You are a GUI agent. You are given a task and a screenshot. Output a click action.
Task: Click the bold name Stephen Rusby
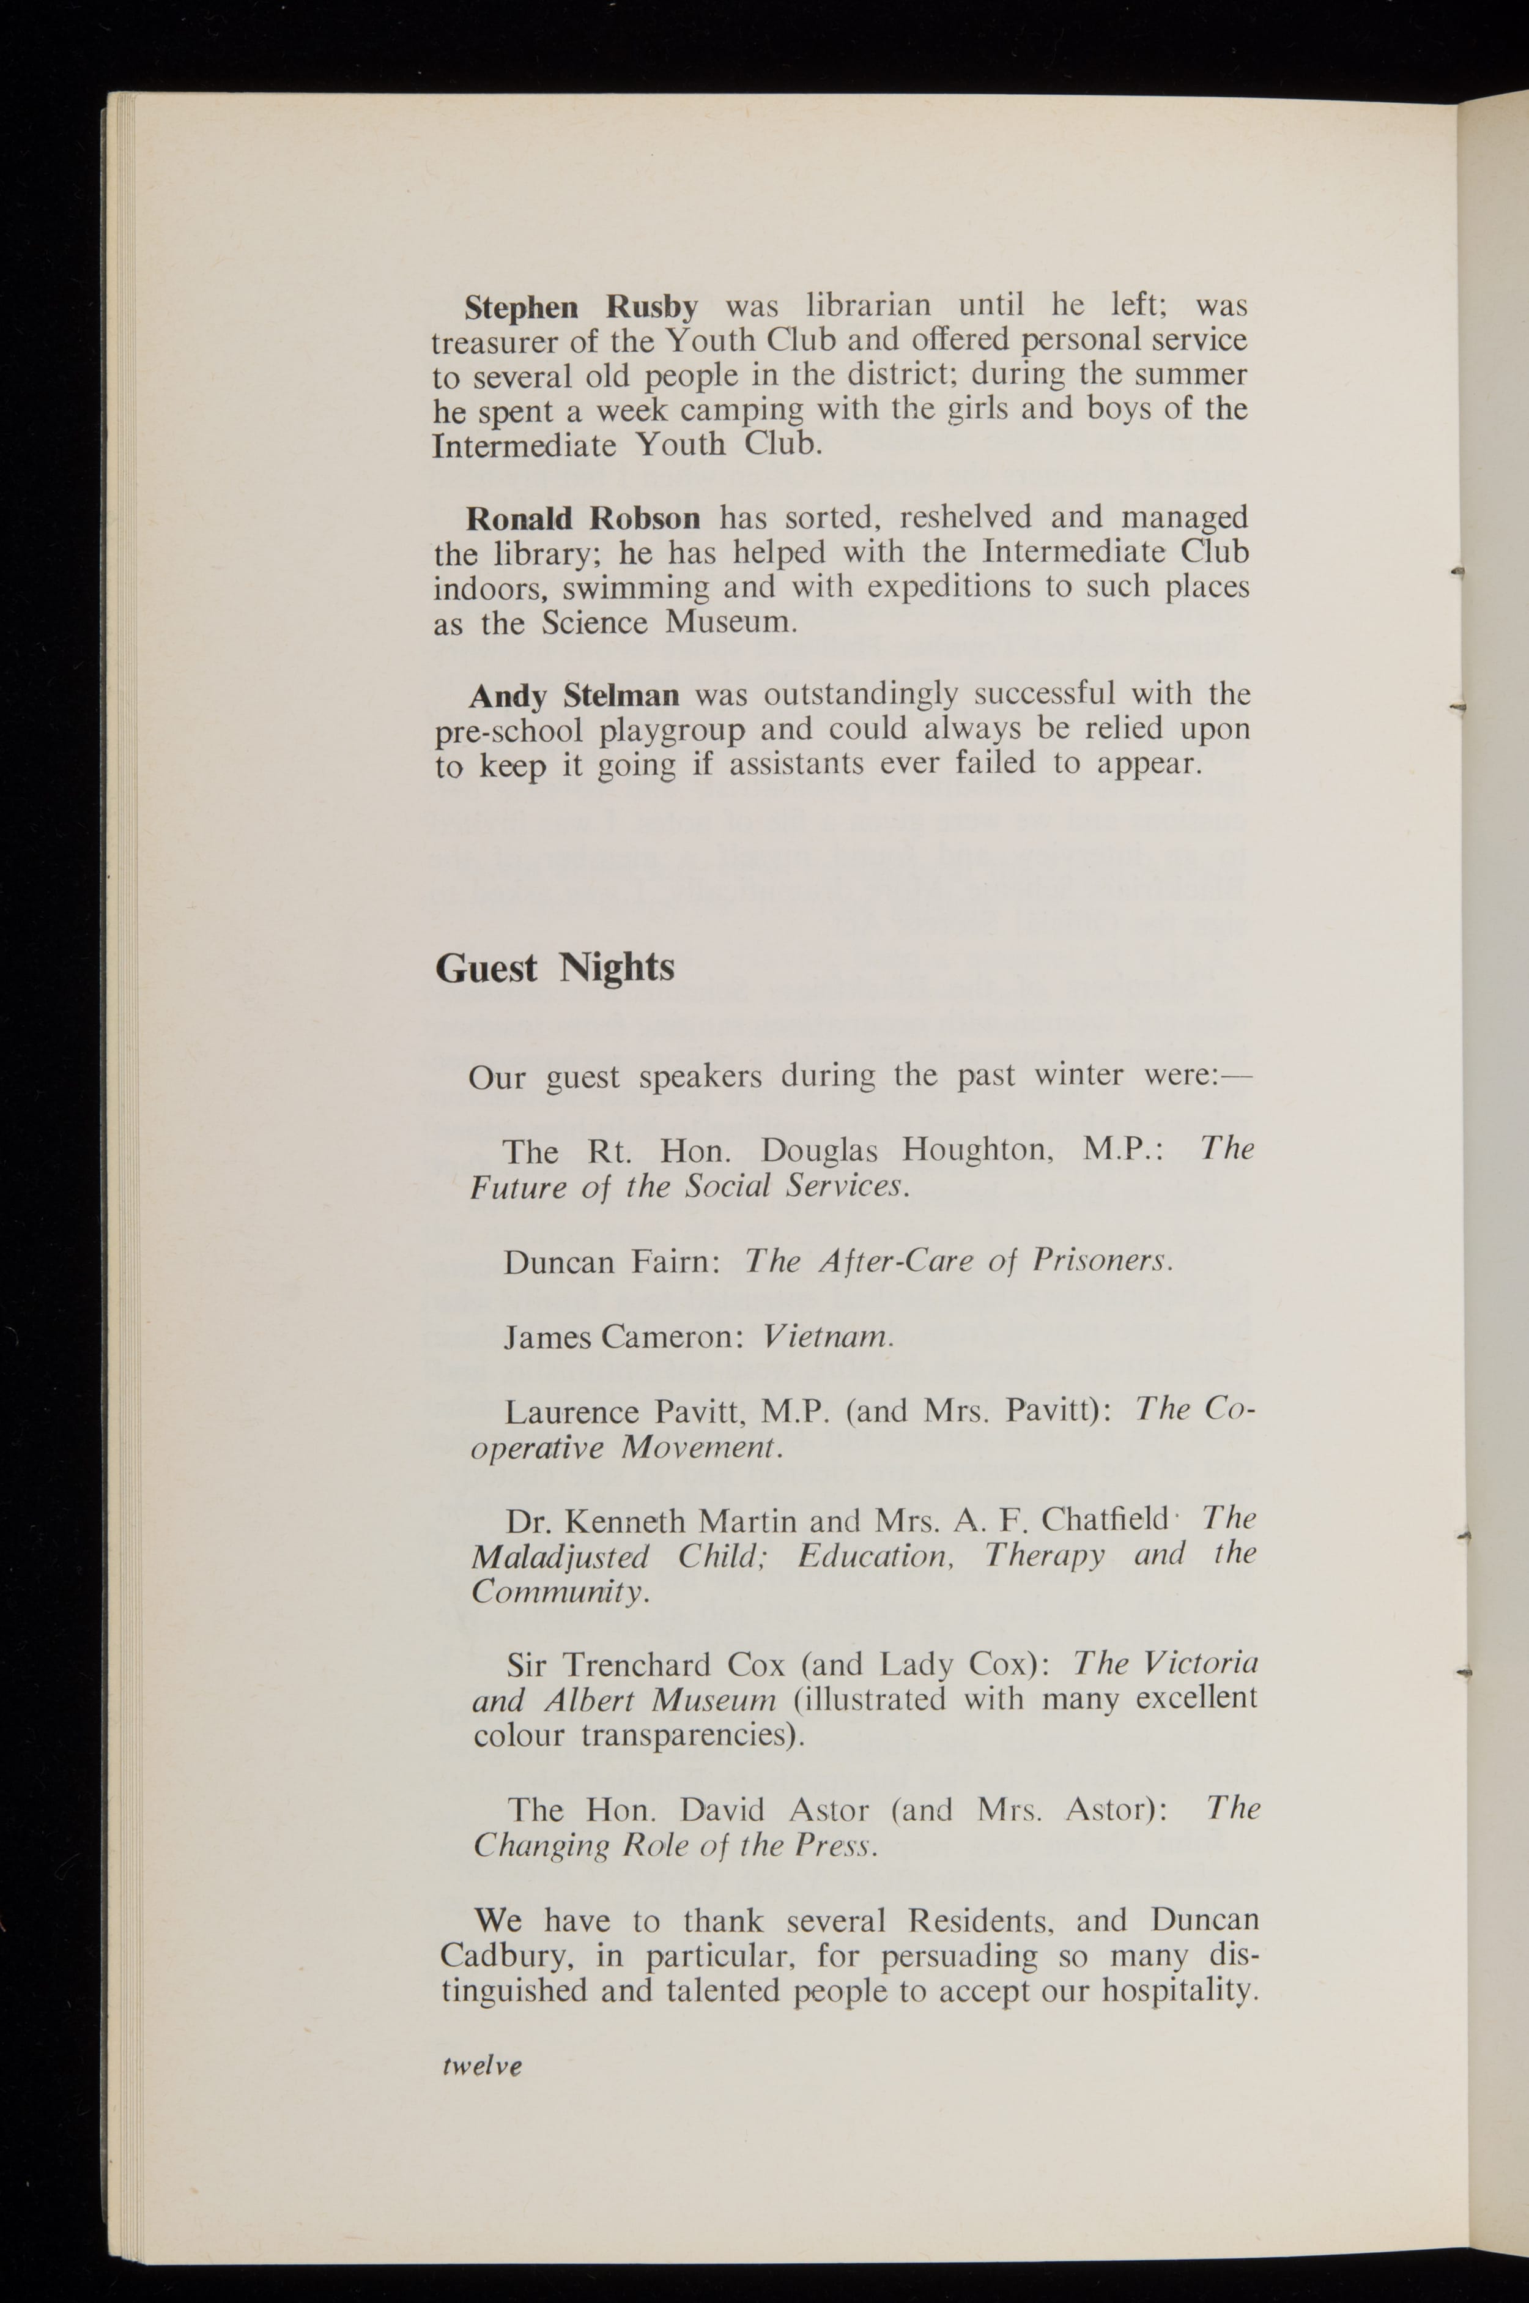tap(581, 307)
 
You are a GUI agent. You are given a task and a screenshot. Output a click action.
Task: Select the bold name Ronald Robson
tap(582, 518)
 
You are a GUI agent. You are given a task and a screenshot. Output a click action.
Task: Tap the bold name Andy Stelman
tap(574, 696)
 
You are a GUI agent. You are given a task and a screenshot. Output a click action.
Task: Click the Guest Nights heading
tap(554, 967)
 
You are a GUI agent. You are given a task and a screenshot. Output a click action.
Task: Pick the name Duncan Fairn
tap(612, 1262)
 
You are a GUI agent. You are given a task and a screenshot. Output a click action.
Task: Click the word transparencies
tap(692, 1736)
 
